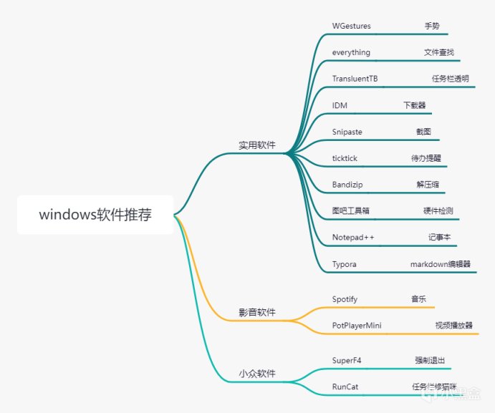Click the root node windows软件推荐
pos(95,215)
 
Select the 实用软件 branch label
pos(257,145)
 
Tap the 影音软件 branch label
pos(257,313)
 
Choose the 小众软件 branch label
pos(257,374)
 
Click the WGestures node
pos(351,26)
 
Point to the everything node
pos(351,53)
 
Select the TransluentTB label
pos(355,79)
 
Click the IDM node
pos(340,105)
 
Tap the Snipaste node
pos(347,132)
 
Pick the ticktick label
pos(345,158)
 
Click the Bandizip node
pos(347,185)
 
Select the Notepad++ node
pos(353,238)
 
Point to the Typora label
pos(345,264)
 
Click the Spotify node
pos(345,299)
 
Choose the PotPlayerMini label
pos(357,326)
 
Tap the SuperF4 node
pos(347,360)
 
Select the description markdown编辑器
pos(440,264)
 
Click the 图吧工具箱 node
pos(350,211)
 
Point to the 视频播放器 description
pos(453,326)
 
